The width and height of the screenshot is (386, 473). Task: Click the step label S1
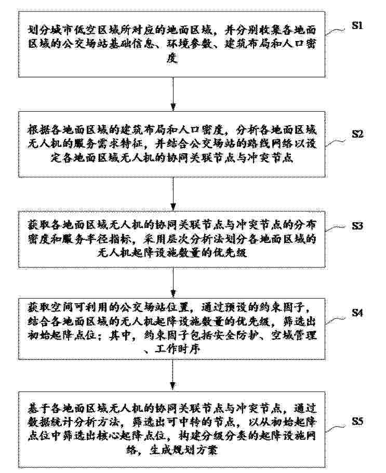(x=357, y=25)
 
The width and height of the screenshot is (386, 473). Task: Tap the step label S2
(x=357, y=134)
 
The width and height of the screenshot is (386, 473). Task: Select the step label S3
(x=357, y=226)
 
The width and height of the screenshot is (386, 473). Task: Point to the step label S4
(x=357, y=313)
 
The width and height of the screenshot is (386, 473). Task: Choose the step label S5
(x=357, y=421)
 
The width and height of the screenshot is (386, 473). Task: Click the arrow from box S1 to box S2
(x=173, y=94)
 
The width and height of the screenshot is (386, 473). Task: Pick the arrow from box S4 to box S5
(x=173, y=375)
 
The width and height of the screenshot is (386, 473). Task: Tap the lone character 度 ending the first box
(x=172, y=58)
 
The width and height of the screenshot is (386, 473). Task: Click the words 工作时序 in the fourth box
(x=178, y=349)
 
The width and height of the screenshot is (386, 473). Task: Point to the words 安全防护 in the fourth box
(x=236, y=335)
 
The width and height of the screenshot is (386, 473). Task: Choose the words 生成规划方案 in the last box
(x=183, y=450)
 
